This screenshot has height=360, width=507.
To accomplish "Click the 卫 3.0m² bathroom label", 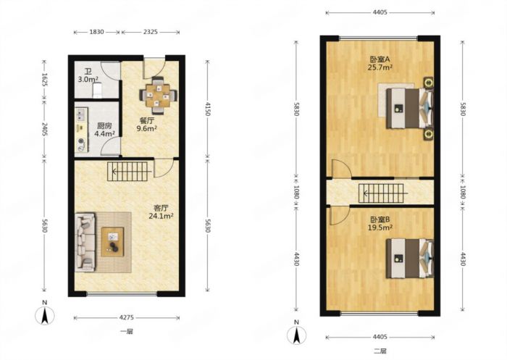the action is [x=88, y=75].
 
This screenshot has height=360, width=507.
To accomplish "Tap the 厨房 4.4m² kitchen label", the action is [x=104, y=130].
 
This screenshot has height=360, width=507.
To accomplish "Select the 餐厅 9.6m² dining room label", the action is [x=146, y=125].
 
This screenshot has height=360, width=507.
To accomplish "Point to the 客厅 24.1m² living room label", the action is [x=161, y=212].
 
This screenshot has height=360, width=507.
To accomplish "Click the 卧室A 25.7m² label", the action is [x=380, y=64].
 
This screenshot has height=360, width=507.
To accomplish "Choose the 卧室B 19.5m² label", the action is [x=380, y=224].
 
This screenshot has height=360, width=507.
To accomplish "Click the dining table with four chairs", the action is [x=158, y=95].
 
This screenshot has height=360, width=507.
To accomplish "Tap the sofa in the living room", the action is [x=85, y=242].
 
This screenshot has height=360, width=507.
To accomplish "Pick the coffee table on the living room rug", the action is [x=112, y=242].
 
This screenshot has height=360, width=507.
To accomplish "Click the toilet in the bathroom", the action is [x=97, y=91].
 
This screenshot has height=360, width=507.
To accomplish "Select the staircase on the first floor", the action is [x=127, y=172].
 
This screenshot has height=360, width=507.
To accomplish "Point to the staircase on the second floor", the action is [x=382, y=193].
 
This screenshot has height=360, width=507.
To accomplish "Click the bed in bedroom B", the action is [x=410, y=259].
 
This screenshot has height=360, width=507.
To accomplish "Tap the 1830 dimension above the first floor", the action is [x=96, y=32].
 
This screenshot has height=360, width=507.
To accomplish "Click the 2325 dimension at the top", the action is [x=151, y=32].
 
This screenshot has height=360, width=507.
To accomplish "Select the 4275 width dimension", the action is [x=127, y=318].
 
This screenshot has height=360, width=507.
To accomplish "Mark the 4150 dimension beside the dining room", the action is [x=208, y=109].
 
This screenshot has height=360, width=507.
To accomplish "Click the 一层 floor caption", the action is [x=127, y=332].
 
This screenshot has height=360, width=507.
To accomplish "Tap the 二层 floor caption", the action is [x=380, y=351].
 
